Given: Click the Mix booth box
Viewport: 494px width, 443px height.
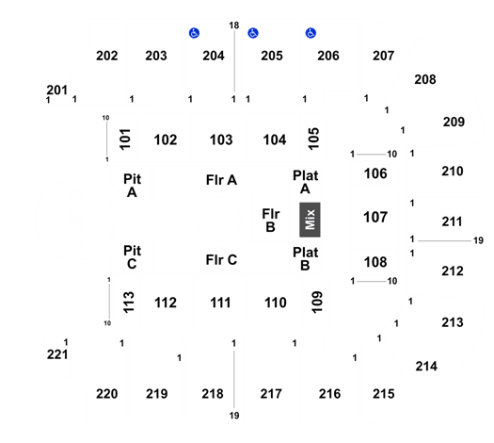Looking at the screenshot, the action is click(310, 220).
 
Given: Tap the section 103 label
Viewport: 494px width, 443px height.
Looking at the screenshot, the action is click(221, 139).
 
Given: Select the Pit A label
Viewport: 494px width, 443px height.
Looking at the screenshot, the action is click(132, 186).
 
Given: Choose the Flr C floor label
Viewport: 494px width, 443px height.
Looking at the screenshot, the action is click(221, 260).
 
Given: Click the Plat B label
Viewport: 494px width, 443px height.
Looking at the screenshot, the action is click(305, 259).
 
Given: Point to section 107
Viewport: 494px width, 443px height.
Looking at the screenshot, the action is click(375, 218).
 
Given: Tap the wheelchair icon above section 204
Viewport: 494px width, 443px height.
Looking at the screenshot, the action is click(194, 33).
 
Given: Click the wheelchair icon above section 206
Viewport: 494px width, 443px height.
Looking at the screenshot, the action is click(311, 33).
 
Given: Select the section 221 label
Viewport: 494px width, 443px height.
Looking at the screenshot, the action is click(57, 354).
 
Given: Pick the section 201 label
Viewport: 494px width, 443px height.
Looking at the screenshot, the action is click(57, 90).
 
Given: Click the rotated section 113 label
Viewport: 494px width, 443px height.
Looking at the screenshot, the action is click(129, 303).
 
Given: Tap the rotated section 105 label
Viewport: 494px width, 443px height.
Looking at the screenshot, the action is click(313, 139).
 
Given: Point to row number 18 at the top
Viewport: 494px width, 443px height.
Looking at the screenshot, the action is click(234, 25).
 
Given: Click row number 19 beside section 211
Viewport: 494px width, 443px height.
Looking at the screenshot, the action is click(478, 240).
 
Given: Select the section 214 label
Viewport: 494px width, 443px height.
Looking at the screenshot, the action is click(426, 367).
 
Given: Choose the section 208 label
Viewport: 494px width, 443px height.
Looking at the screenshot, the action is click(425, 79).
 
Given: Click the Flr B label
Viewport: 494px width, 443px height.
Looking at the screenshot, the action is click(271, 221).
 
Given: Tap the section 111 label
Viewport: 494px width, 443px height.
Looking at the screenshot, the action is click(220, 303).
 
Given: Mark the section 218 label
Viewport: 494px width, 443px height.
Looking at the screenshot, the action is click(213, 394).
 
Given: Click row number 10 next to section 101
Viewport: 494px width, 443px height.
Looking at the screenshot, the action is click(105, 118).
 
